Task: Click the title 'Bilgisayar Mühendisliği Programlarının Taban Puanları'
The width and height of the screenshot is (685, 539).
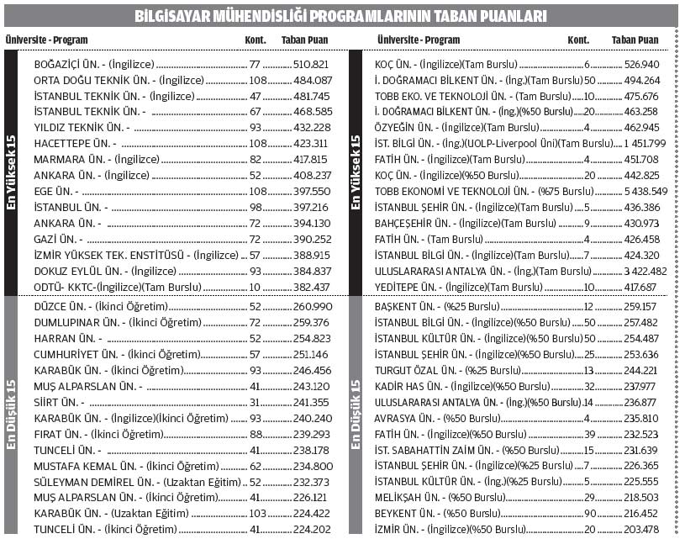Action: pos(341,16)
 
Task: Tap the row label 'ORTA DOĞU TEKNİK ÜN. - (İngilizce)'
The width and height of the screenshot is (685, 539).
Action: pos(119,80)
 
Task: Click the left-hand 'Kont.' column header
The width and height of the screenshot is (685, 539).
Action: pos(256,40)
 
